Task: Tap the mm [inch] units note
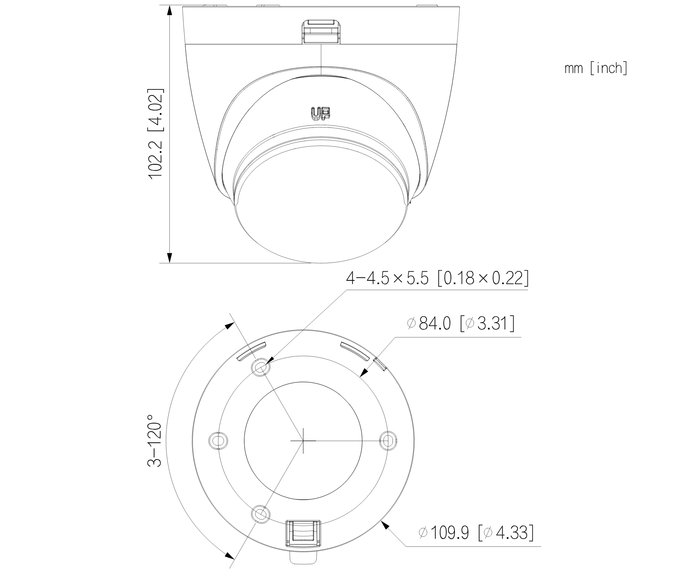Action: pyautogui.click(x=596, y=69)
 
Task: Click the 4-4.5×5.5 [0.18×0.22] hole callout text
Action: pyautogui.click(x=438, y=278)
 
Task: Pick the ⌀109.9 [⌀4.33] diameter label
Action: pyautogui.click(x=476, y=533)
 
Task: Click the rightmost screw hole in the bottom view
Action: pyautogui.click(x=388, y=440)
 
